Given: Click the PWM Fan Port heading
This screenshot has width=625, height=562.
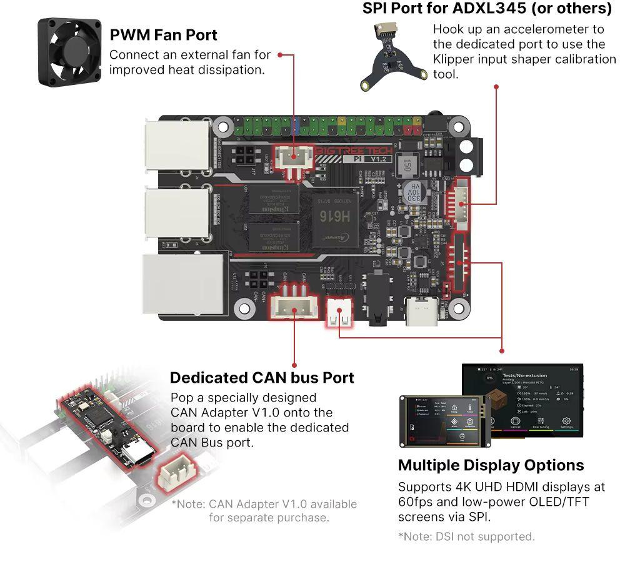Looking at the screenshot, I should pos(163,34).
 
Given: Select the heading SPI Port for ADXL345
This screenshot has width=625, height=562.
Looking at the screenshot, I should pos(487,9).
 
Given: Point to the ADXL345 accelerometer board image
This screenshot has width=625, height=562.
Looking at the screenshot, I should pos(383,56).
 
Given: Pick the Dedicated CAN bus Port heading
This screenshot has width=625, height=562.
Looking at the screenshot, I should pos(262,378).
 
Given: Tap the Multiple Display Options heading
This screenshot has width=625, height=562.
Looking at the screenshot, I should pos(491,465).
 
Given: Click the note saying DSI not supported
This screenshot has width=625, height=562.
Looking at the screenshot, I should pos(466,536).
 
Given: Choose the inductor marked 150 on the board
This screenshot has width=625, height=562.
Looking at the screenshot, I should pos(406,165).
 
